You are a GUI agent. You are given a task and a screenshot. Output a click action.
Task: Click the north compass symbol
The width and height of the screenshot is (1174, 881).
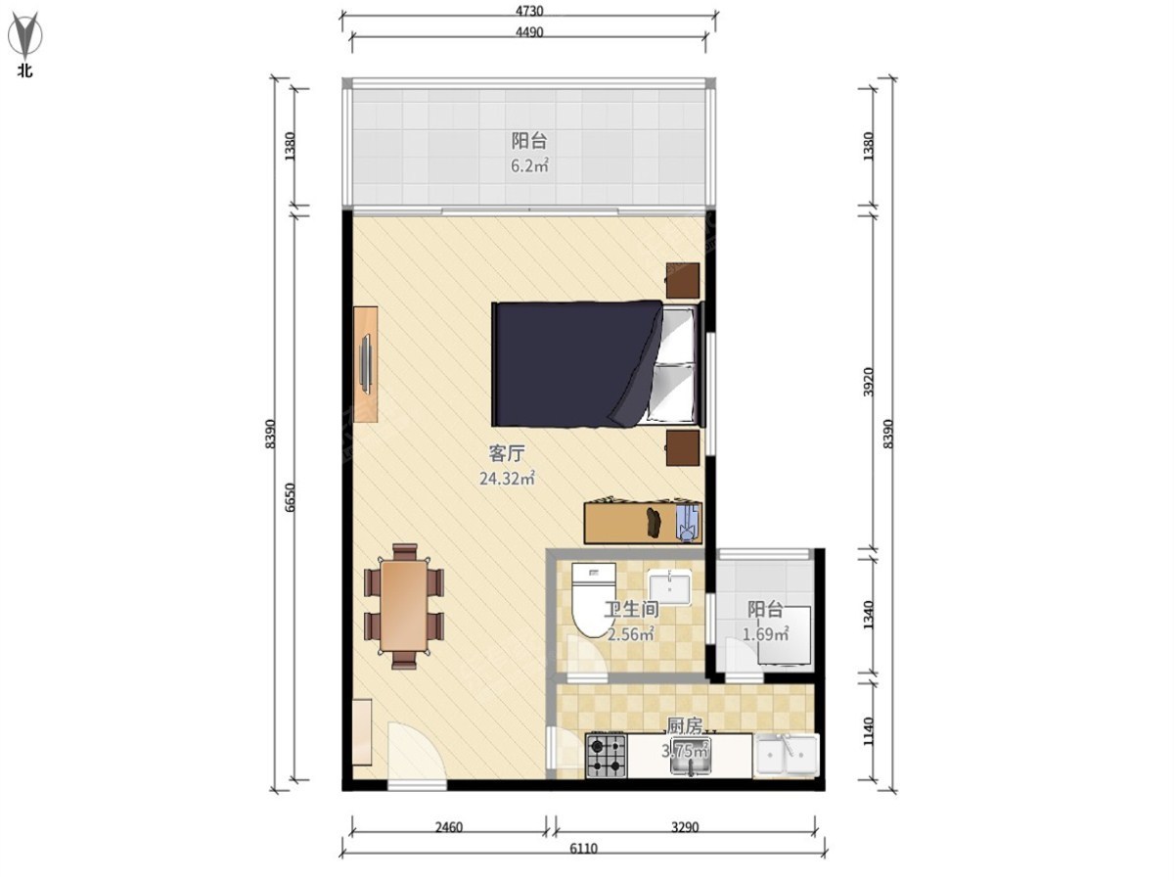[26, 35]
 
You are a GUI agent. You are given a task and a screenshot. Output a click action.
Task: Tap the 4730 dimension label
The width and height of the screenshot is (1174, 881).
[529, 11]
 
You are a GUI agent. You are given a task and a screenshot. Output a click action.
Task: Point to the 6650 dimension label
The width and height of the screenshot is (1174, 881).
[290, 497]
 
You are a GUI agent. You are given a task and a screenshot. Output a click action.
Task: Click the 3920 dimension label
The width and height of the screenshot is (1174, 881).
[868, 382]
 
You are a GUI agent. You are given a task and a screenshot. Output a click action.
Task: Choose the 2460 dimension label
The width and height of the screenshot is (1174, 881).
[448, 828]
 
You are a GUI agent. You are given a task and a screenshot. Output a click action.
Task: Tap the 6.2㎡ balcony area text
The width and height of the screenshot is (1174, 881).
[529, 165]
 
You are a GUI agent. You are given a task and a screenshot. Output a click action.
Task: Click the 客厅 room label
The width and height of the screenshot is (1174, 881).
[507, 454]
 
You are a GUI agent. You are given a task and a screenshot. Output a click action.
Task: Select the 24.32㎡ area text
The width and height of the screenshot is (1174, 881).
[507, 479]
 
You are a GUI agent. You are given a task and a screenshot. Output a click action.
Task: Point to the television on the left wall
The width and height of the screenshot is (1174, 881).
[366, 365]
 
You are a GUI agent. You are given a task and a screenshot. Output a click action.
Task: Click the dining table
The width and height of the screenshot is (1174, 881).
[404, 606]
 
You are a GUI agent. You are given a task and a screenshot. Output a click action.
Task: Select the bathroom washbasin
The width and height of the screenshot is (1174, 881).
[669, 587]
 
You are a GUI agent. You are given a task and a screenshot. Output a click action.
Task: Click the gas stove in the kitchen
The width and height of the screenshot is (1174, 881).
[606, 756]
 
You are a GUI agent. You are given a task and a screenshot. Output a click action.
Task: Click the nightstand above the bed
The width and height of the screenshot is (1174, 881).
[683, 280]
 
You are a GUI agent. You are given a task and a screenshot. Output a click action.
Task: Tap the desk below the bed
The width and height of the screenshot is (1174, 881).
[643, 523]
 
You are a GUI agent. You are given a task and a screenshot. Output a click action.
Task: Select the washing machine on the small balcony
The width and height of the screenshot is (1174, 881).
[786, 636]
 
